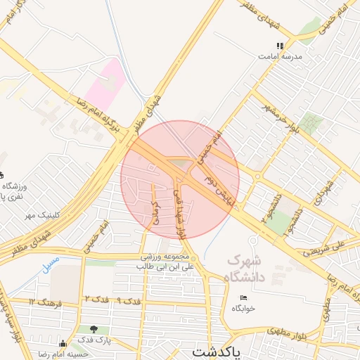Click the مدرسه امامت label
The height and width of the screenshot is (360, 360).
[283, 56]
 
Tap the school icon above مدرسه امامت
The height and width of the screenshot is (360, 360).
[280, 46]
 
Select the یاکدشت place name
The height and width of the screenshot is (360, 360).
[215, 351]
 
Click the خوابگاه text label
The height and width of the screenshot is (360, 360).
[243, 307]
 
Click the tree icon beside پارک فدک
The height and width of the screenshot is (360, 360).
[94, 329]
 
